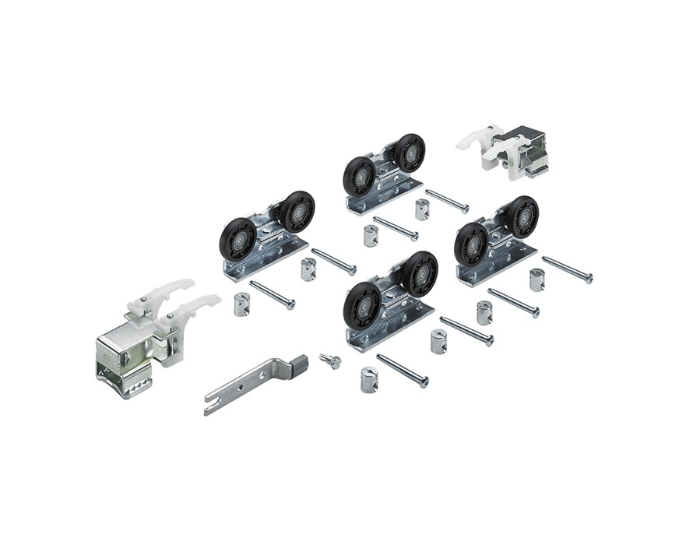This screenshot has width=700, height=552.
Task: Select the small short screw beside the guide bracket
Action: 329,360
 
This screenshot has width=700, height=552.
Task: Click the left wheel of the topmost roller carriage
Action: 359,176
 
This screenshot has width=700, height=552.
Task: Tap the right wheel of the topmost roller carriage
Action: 410,153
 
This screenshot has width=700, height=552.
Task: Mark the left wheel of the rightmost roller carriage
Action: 471,244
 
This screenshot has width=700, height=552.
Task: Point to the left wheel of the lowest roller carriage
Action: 362,304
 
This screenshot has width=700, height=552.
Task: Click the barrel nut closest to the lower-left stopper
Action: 242,304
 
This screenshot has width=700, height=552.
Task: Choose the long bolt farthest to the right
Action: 567,269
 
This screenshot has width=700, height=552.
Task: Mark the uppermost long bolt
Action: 447,201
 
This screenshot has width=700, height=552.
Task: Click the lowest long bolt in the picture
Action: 402,371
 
